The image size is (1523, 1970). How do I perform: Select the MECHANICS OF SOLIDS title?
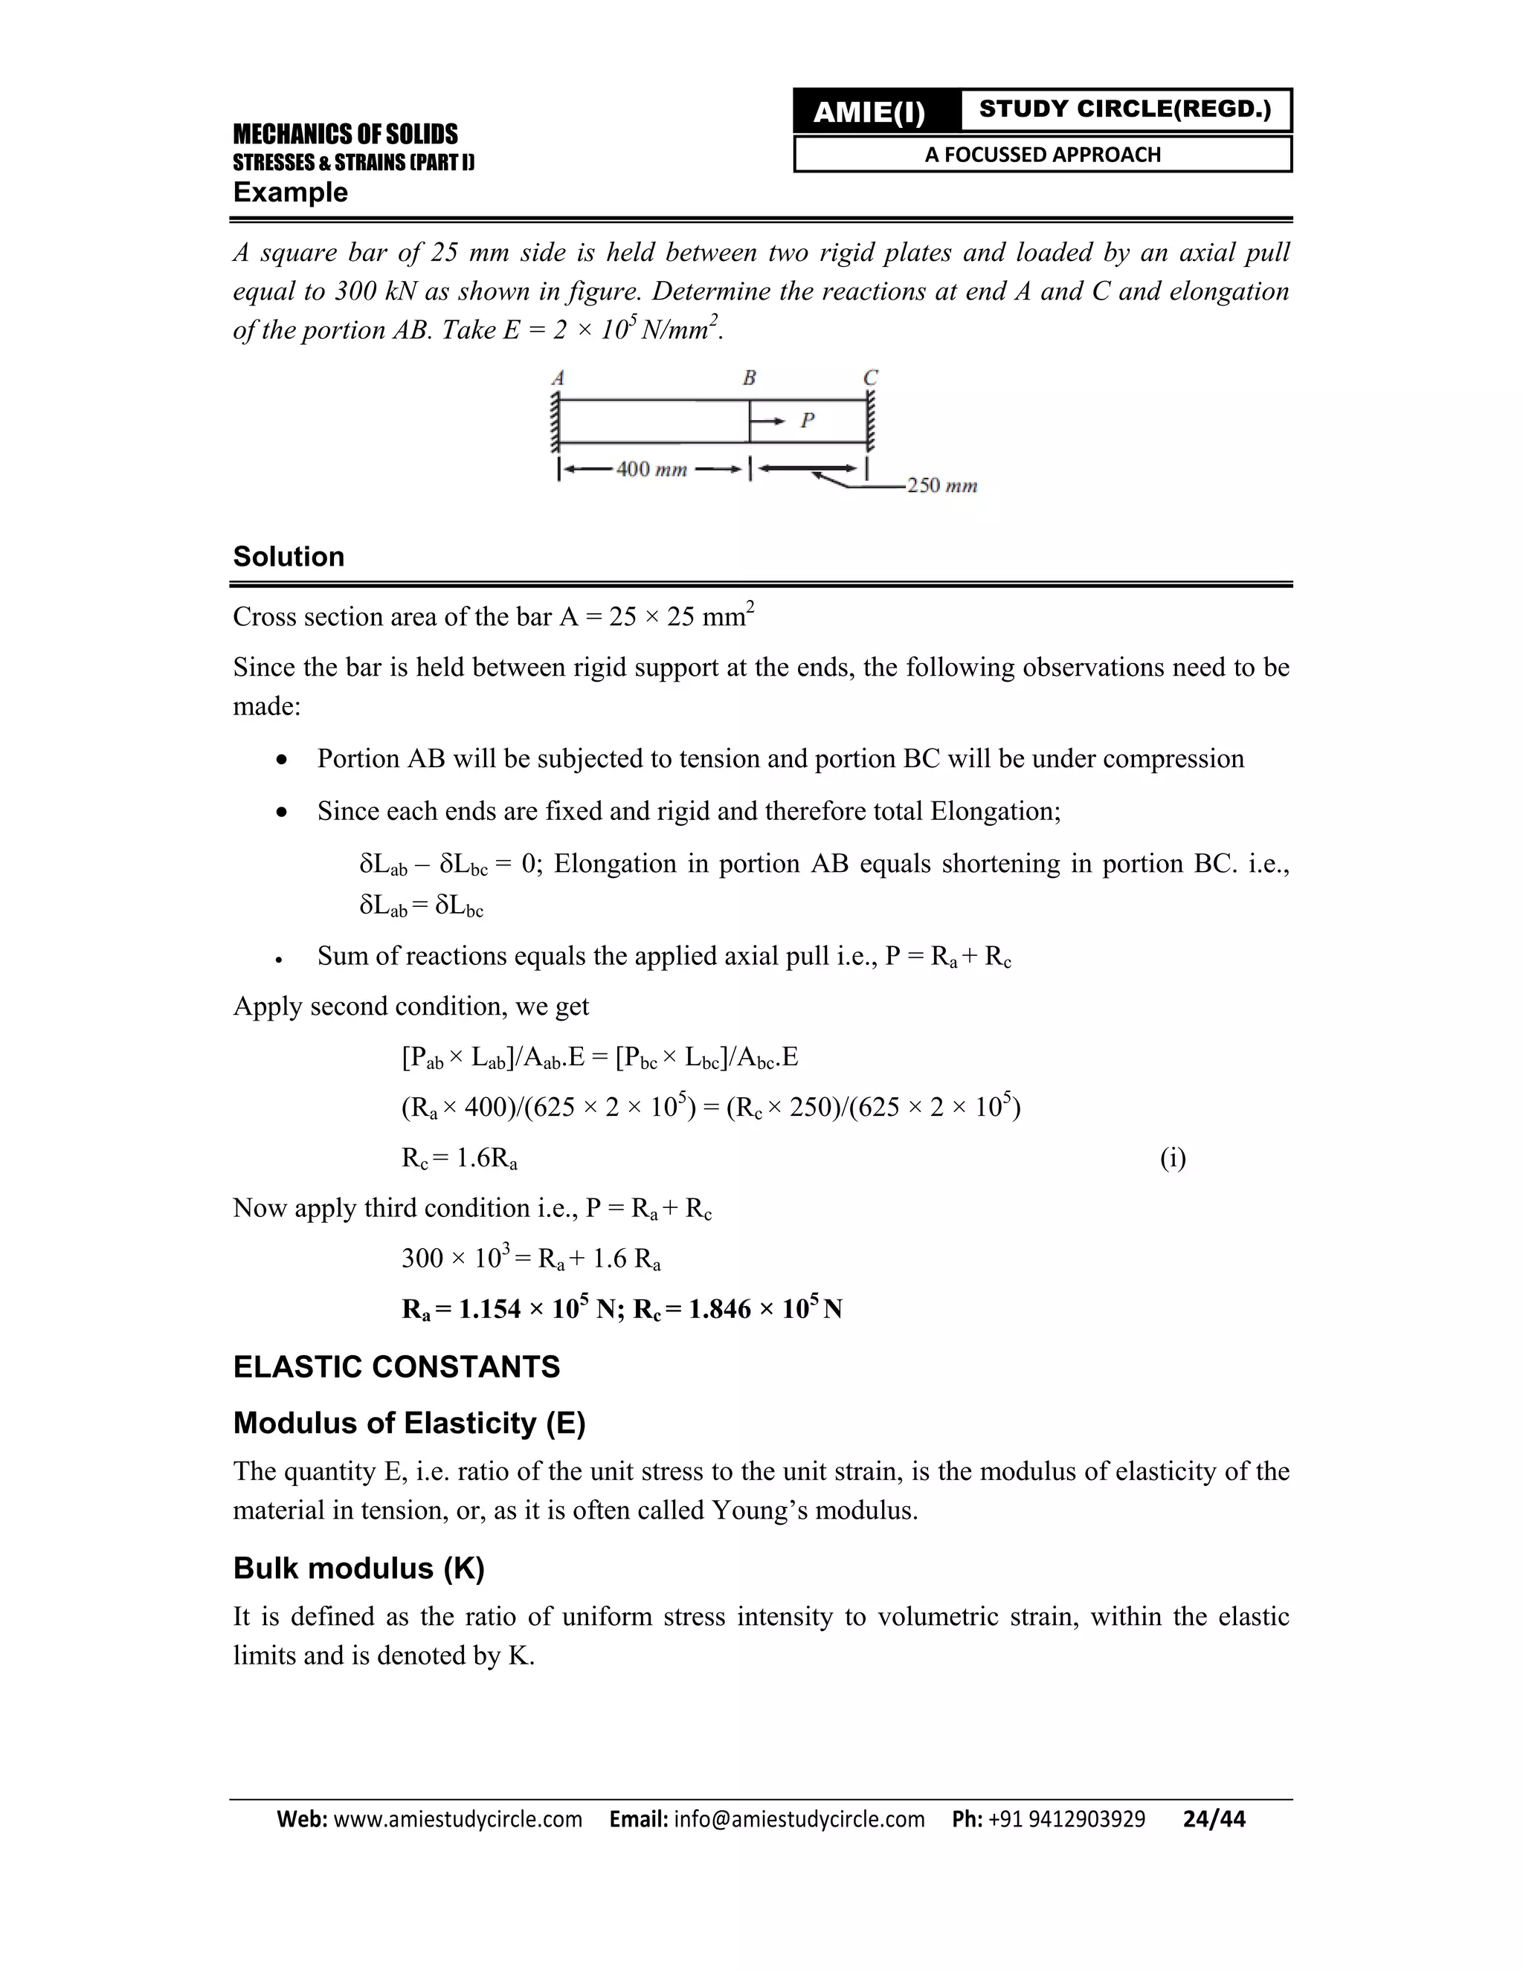346,135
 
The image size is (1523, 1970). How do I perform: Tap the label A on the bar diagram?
558,378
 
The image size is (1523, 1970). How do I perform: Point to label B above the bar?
749,378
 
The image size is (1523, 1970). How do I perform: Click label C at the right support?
870,377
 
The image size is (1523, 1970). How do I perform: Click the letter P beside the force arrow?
808,419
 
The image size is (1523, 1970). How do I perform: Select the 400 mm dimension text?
651,469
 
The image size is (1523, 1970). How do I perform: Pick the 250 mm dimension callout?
941,485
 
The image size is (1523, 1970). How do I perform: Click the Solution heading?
289,557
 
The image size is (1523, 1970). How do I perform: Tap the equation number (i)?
1172,1157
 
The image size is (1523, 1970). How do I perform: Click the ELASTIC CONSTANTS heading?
396,1366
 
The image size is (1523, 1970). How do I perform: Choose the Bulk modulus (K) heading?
358,1568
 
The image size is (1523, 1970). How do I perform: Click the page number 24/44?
1214,1818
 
